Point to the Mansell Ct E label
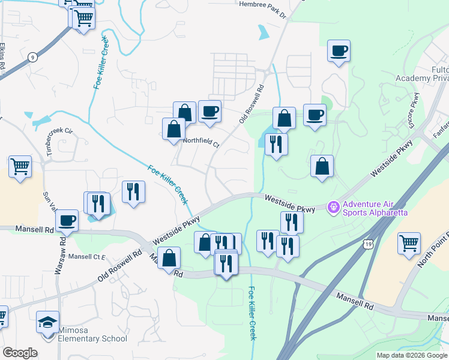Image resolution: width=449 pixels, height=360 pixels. pyautogui.click(x=86, y=257)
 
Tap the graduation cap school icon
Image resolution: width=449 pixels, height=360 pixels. pyautogui.click(x=47, y=322)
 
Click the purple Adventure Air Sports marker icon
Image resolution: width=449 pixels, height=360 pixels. pyautogui.click(x=333, y=208)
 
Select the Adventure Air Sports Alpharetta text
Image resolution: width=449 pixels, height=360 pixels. pyautogui.click(x=375, y=208)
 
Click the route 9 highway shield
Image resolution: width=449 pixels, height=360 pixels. pyautogui.click(x=32, y=57)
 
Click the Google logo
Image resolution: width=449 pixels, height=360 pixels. pyautogui.click(x=20, y=353)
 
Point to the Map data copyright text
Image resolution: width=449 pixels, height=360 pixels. pyautogui.click(x=412, y=355)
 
